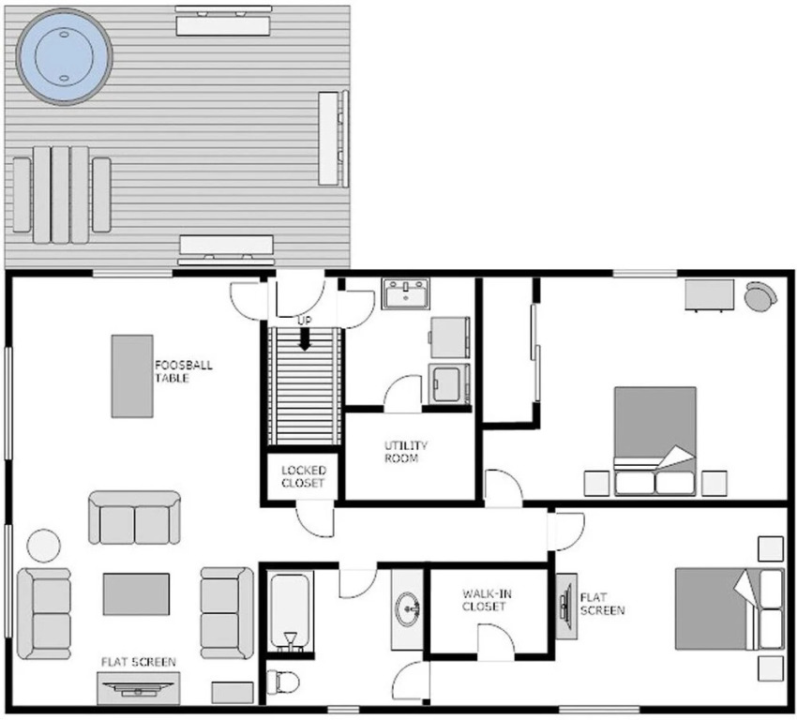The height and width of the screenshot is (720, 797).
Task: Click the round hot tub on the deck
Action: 64,56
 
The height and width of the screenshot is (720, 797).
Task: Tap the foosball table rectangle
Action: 132,376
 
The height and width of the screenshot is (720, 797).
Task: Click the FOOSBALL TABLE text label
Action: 184,371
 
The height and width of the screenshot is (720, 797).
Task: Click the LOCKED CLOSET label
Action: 304,476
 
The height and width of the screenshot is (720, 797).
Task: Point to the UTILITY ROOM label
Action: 405,452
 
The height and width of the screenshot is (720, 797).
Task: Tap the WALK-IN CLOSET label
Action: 487,600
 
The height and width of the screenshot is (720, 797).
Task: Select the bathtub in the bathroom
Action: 290,612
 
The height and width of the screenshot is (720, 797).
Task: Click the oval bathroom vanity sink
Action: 408,608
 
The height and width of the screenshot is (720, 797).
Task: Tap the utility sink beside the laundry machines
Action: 406,293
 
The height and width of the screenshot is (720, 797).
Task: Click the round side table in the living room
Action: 44,546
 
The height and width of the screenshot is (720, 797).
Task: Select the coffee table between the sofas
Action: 136,594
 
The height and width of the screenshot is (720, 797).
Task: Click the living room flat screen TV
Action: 138,688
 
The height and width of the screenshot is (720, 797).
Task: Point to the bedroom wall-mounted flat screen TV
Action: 565,607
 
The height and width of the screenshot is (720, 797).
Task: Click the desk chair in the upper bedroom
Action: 760,295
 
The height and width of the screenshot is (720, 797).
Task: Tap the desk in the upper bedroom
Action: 709,294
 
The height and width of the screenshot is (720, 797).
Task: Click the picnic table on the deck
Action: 62,195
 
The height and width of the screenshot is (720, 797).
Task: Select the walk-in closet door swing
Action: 496,642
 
